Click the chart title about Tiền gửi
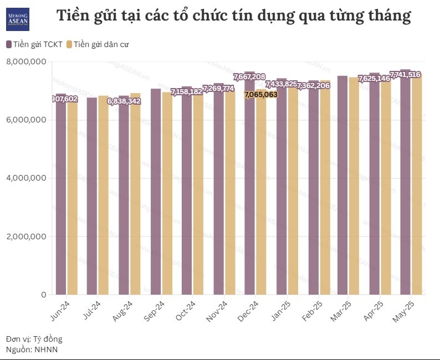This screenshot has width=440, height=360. pos(233,16)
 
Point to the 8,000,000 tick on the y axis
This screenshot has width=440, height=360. pos(26,61)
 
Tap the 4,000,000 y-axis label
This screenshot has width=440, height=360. pos(26,178)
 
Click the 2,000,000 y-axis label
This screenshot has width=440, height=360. pos(26,236)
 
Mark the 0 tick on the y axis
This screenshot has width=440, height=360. pos(43,295)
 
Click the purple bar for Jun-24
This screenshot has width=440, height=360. pos(61,199)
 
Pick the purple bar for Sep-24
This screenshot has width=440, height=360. pos(156,194)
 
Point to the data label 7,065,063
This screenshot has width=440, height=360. pos(261,95)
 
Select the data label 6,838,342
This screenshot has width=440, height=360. pos(124,101)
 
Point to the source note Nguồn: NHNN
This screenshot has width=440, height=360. pos(32,349)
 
